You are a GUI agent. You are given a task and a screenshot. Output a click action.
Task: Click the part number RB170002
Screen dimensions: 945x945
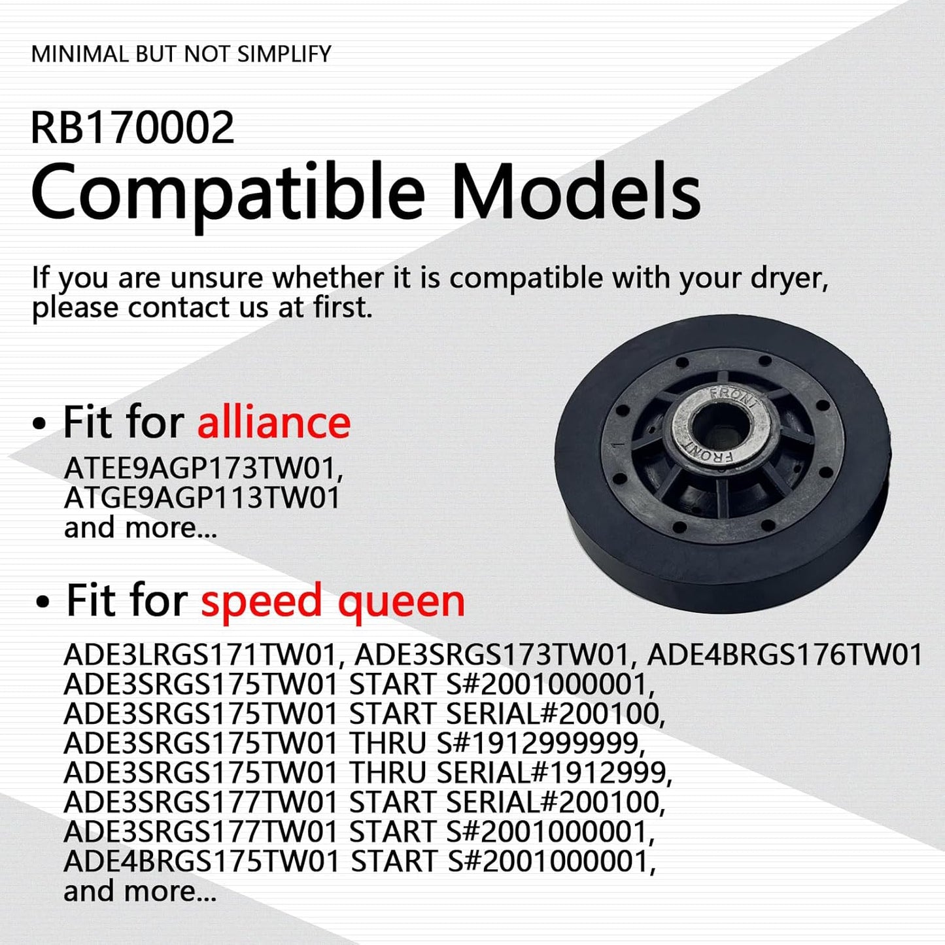pyautogui.click(x=132, y=128)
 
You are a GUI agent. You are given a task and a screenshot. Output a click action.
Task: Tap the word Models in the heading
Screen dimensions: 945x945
pyautogui.click(x=576, y=192)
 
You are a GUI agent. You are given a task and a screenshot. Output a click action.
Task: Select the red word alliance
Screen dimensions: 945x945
pyautogui.click(x=274, y=422)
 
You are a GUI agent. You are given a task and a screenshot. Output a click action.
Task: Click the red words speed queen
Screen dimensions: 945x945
pyautogui.click(x=333, y=600)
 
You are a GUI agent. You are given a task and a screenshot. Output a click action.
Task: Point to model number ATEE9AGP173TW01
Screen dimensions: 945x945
pyautogui.click(x=203, y=468)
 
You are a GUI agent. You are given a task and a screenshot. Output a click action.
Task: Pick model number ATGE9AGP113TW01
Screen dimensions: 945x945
pyautogui.click(x=202, y=498)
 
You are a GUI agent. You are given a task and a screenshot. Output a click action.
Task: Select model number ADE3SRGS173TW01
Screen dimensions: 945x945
pyautogui.click(x=491, y=655)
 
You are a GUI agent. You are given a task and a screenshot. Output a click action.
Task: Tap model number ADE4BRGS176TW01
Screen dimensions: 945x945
pyautogui.click(x=784, y=655)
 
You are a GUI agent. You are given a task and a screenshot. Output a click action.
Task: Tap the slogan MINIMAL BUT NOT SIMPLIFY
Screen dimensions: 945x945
pyautogui.click(x=181, y=54)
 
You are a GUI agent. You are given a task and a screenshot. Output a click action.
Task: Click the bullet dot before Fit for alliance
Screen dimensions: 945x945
pyautogui.click(x=40, y=424)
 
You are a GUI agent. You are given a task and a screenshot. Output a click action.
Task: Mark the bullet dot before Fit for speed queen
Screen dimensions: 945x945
pyautogui.click(x=43, y=602)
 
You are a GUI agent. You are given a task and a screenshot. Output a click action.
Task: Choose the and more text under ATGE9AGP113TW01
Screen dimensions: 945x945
pyautogui.click(x=140, y=528)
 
